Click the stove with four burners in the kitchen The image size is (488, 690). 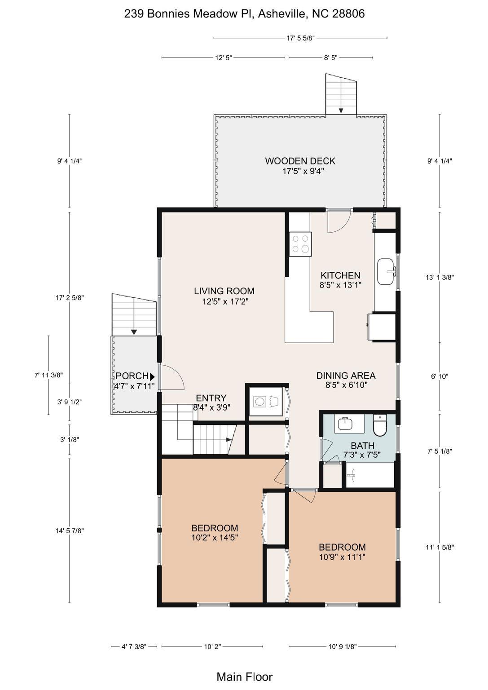300,243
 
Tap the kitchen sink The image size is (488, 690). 386,272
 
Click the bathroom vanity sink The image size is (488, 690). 345,424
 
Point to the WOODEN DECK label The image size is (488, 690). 300,161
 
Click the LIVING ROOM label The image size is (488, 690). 224,291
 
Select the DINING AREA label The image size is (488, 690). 346,376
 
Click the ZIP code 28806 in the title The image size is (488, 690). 348,13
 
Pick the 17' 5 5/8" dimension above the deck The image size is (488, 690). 300,38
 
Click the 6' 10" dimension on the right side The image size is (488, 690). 440,376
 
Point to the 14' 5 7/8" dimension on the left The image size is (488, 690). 70,531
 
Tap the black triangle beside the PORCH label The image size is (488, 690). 152,376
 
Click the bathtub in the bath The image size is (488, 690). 370,475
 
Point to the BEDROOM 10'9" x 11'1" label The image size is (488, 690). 342,552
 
